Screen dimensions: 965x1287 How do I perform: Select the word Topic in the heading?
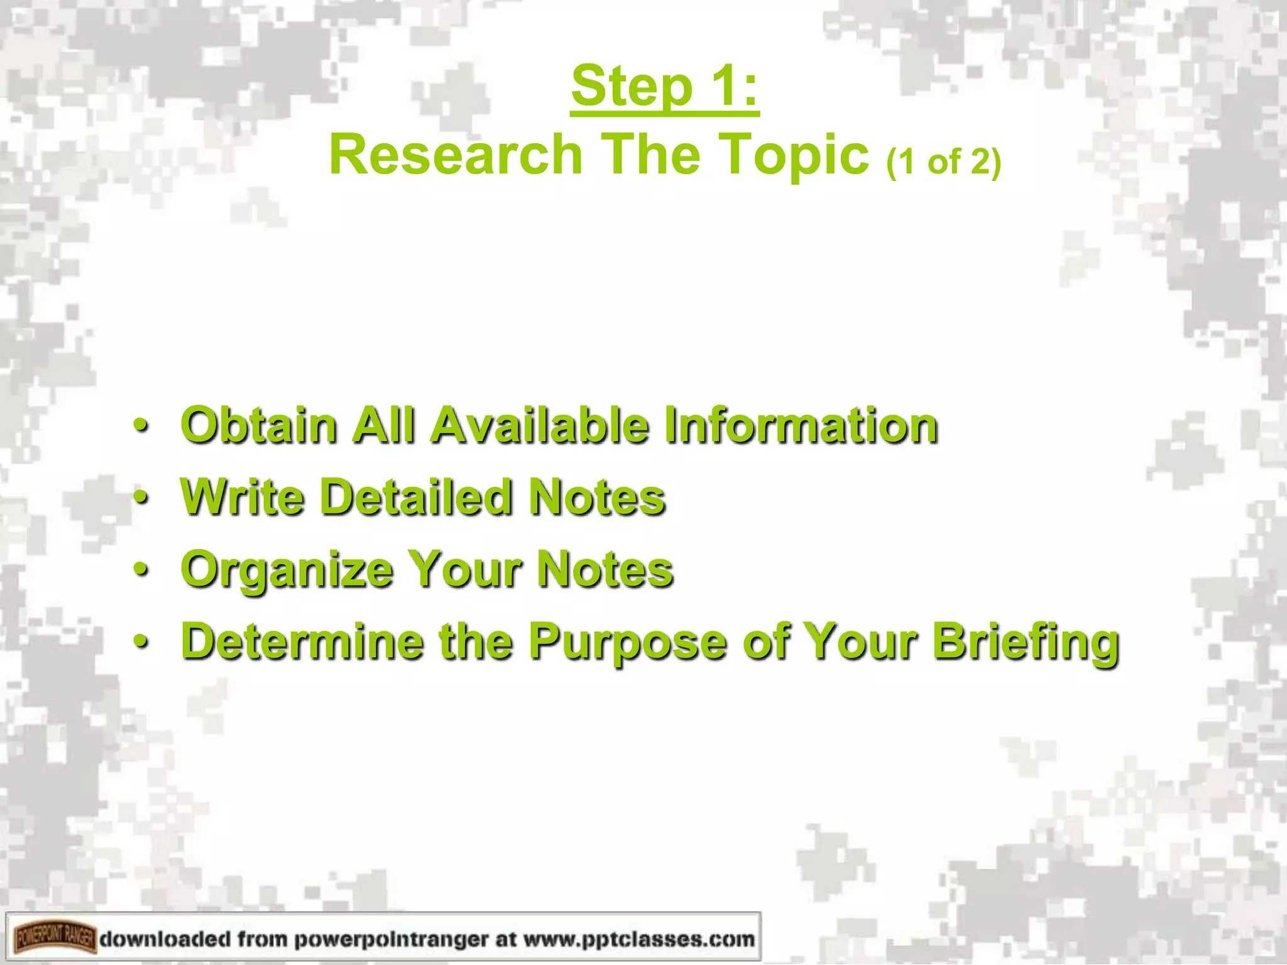pos(794,156)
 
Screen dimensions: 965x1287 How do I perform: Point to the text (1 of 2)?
pos(943,162)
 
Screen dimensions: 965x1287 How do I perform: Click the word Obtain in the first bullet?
pos(260,425)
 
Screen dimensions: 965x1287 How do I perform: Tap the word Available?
pos(540,425)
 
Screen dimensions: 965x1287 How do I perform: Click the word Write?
pos(242,498)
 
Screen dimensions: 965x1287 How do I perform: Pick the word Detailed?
pos(416,498)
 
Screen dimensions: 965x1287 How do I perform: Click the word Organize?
pos(286,570)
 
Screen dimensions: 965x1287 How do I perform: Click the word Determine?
pos(302,641)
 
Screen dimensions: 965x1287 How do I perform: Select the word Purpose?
pos(628,643)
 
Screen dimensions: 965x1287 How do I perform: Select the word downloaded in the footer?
pos(165,939)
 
